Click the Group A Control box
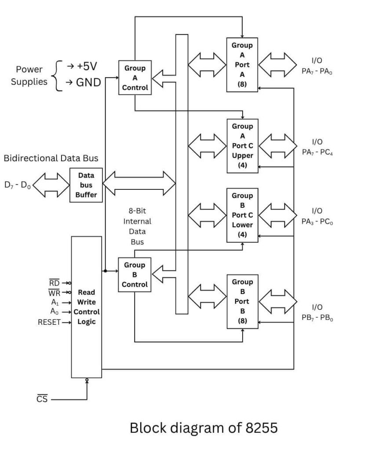135,78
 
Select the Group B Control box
135,275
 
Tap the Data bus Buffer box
86,185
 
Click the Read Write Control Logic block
86,306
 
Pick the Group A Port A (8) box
242,65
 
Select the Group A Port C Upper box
242,146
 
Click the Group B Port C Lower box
242,215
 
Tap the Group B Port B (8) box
242,301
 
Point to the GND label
88,82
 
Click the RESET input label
49,322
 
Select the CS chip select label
42,399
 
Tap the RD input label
54,283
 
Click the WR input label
54,292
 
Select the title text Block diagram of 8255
204,428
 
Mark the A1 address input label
55,302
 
